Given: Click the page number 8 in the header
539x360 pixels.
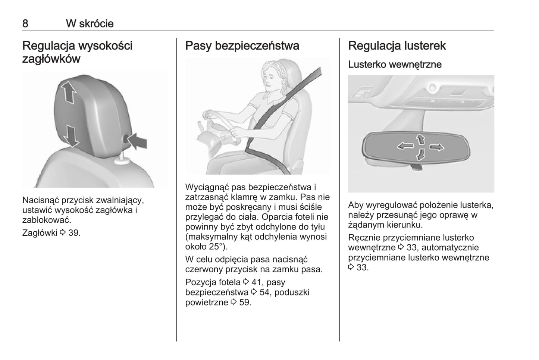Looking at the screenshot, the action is click(x=25, y=24).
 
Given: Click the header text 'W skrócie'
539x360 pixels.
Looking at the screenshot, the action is click(x=90, y=24).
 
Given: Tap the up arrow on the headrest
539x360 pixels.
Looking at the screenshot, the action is click(x=69, y=93).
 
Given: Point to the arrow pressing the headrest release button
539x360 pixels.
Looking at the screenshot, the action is click(x=137, y=141).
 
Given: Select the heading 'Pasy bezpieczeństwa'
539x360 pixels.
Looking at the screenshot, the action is click(x=242, y=46).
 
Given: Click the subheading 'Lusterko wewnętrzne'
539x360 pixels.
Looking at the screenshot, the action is click(x=395, y=65).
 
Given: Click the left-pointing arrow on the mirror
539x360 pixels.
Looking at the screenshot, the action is click(x=405, y=145).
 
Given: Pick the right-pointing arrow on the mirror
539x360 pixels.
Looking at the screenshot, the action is click(x=437, y=147).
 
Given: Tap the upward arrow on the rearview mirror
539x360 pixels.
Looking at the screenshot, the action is click(x=421, y=139).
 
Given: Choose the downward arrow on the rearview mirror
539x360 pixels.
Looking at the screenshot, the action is click(x=420, y=154).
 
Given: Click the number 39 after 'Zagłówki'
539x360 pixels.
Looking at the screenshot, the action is click(x=73, y=233).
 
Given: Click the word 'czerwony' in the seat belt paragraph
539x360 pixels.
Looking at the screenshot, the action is click(x=204, y=269).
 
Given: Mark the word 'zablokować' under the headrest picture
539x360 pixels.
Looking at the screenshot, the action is click(x=47, y=220).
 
